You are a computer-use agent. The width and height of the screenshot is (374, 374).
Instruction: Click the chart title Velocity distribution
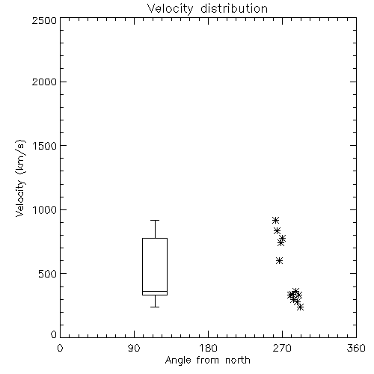point(207,8)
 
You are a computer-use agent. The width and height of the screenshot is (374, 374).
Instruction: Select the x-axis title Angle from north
point(207,360)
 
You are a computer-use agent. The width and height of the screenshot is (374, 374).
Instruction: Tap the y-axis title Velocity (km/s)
point(20,178)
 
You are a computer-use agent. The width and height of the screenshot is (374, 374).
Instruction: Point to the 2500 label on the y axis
point(44,20)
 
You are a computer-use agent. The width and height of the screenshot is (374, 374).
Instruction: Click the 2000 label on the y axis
point(44,82)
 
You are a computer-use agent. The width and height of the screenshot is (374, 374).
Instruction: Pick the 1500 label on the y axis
point(45,146)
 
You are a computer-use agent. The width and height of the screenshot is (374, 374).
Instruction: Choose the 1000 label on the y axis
point(45,209)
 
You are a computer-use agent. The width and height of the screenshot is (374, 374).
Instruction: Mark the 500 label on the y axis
point(48,274)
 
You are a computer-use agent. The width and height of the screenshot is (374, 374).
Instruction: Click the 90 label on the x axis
point(134,348)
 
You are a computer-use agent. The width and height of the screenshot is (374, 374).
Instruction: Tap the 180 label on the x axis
point(208,348)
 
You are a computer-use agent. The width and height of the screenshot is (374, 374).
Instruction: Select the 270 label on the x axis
point(282,348)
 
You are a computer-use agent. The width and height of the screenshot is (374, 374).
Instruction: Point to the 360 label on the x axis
point(356,348)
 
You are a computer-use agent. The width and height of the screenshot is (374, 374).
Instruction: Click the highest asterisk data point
point(275,220)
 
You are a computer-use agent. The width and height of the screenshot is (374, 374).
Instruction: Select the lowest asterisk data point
point(301,307)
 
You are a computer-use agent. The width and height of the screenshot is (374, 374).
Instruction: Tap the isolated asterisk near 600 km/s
point(280,261)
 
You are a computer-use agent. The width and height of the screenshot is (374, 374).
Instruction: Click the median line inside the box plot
point(155,291)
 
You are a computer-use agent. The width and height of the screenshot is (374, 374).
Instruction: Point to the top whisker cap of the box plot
point(155,221)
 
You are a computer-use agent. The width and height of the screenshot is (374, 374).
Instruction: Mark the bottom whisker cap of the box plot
point(155,307)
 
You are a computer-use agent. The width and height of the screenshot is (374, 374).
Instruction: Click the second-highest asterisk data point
point(277,230)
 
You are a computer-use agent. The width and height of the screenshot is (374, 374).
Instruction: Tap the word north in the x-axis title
point(238,360)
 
